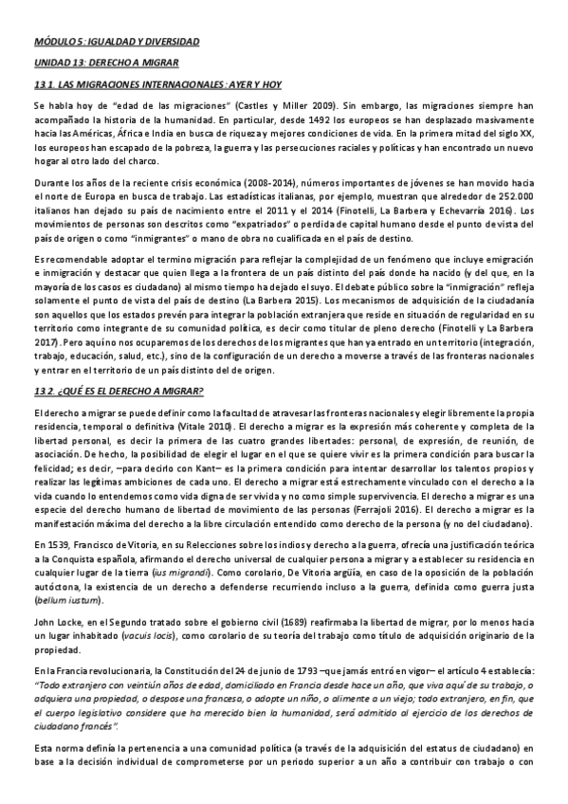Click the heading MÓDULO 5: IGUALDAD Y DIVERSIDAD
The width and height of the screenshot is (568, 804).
[116, 42]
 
